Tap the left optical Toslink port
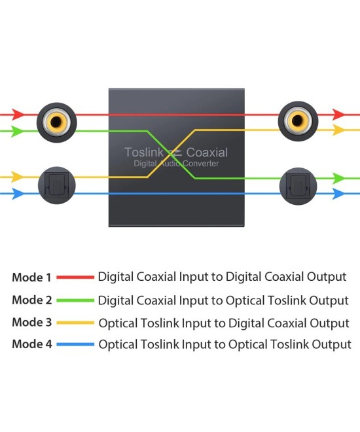[57, 185]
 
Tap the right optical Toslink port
[298, 185]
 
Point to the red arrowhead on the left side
[19, 114]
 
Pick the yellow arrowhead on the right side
[338, 130]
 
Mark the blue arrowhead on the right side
[338, 194]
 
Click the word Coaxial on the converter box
[207, 153]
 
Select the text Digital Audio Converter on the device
[176, 164]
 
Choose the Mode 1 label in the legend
[31, 278]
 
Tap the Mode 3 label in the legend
[31, 322]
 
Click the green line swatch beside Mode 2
[75, 300]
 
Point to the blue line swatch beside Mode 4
[75, 344]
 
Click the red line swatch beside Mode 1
[75, 278]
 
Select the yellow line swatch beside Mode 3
[75, 322]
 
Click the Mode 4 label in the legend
[31, 344]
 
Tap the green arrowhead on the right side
[338, 178]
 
